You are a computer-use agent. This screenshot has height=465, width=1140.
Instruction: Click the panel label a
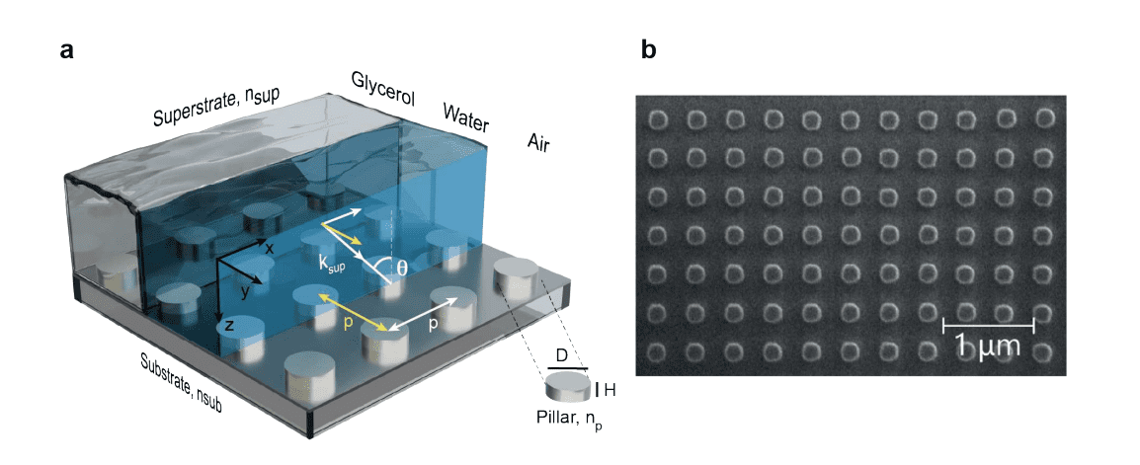pos(67,52)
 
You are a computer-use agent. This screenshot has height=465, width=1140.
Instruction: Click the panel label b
pos(648,51)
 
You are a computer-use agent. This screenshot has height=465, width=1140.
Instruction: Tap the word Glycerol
pos(381,90)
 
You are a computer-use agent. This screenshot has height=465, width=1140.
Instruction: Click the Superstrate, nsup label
pos(217,107)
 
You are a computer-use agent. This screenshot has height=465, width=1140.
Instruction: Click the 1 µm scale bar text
pos(988,347)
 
